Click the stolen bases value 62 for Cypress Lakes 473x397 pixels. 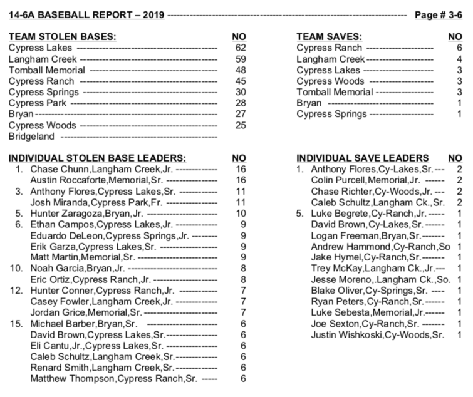click(x=239, y=47)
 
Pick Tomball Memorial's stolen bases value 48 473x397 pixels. click(x=239, y=70)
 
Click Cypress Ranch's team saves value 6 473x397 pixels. click(x=459, y=47)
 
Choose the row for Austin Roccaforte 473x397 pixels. click(x=113, y=180)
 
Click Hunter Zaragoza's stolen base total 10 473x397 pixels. click(x=239, y=214)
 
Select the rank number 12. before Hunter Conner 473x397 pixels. click(x=18, y=291)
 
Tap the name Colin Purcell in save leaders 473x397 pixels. click(x=338, y=180)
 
